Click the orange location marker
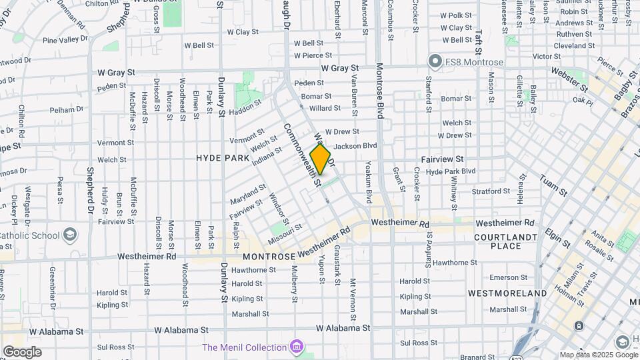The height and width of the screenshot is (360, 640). point(320,160)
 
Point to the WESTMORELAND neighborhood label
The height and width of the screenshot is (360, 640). point(507,293)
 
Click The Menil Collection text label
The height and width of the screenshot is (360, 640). point(244,347)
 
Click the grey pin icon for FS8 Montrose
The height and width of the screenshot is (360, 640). point(435,62)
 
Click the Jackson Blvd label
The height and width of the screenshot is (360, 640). point(355,145)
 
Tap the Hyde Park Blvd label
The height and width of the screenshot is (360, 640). point(451,171)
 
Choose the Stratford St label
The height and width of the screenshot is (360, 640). point(491,191)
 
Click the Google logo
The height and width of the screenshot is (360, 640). point(22,352)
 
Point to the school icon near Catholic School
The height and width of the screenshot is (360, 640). point(70,235)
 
